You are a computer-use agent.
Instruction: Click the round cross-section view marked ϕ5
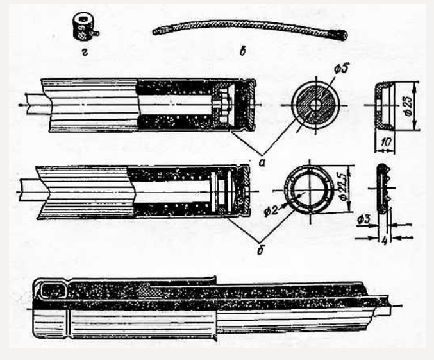click(312, 105)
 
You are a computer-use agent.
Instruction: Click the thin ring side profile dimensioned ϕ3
click(383, 189)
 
